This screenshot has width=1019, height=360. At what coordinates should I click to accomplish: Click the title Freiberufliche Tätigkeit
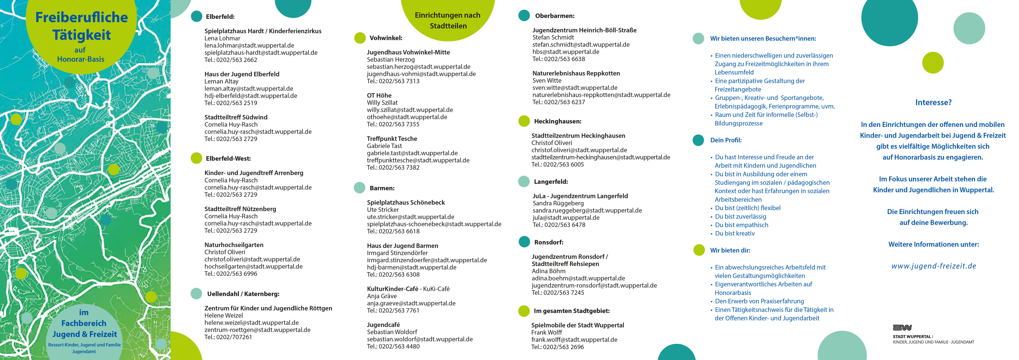[82, 26]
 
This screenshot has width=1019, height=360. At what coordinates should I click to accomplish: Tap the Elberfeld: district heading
[220, 17]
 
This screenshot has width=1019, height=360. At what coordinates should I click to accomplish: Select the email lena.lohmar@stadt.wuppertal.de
[249, 46]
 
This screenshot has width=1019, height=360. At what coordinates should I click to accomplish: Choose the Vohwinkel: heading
[386, 38]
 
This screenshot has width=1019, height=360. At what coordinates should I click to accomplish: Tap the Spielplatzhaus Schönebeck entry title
[406, 202]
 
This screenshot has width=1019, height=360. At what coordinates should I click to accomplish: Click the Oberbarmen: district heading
[555, 16]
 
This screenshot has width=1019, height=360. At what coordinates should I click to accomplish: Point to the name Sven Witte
[547, 80]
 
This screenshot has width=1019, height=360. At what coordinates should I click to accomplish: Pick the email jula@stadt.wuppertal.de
[566, 218]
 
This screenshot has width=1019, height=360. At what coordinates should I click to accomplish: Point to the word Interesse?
[933, 102]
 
